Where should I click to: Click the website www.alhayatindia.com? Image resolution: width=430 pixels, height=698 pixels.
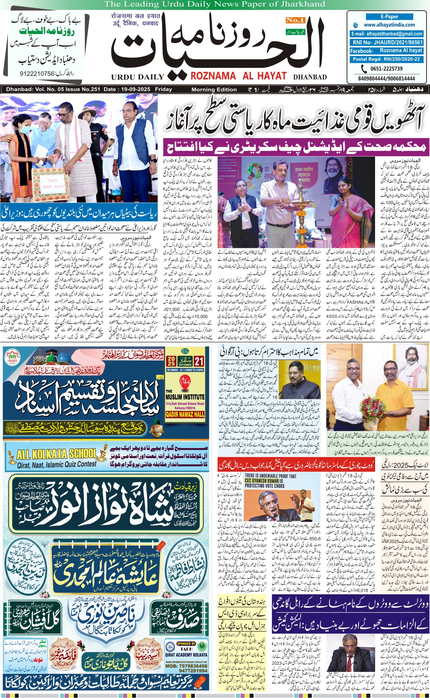[x=389, y=25]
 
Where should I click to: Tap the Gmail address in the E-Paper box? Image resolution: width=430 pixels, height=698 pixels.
[x=386, y=34]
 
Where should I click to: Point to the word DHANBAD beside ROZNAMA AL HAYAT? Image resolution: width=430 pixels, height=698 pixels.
[x=310, y=77]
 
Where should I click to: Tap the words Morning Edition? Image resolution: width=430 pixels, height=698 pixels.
[x=214, y=90]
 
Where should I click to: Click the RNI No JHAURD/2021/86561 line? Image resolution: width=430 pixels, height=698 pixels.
[x=386, y=43]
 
